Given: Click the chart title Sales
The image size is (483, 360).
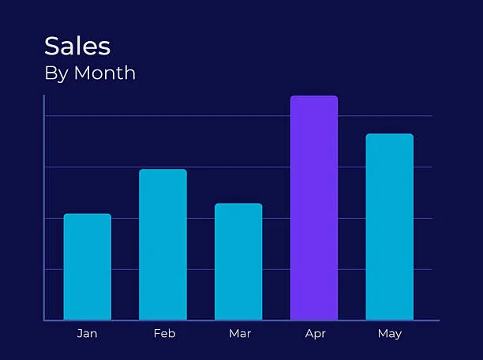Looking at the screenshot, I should coord(77,46).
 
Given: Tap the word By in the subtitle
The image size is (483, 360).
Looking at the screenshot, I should coord(56,73).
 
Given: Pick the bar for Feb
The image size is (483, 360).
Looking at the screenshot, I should coord(163,245).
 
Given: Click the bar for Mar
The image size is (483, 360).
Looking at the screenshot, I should coord(238,261).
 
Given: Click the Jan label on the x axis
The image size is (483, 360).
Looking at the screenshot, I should coord(88,334).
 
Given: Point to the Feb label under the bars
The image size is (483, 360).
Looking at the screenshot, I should coord(164,334).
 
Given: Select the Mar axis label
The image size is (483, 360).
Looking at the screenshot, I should coord(240,334).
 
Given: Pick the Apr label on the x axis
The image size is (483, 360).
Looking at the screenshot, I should coord(315,334).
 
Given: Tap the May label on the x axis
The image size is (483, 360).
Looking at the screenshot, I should coord(390,334).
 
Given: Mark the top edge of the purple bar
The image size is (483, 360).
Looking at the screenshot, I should coord(314,96).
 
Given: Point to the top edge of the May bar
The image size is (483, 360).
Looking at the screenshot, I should coord(389,134).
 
